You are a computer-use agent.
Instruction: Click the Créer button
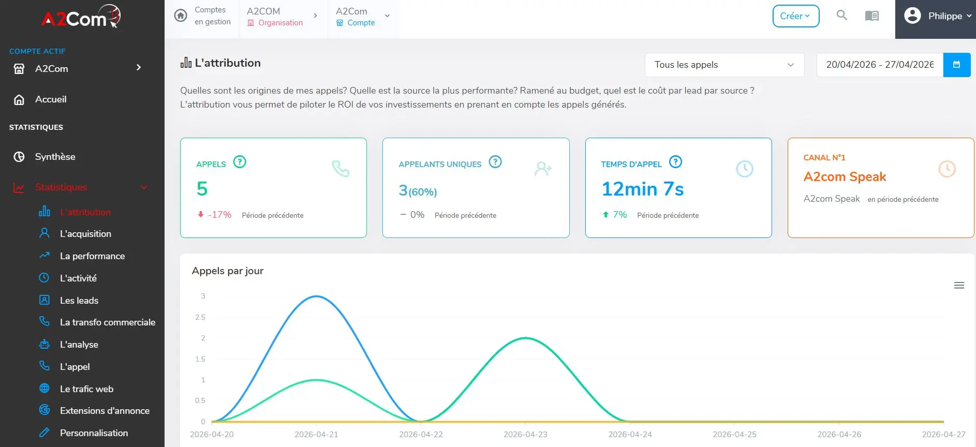coord(795,16)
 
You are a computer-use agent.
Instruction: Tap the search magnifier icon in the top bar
coord(842,16)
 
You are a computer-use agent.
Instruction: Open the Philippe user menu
coord(937,16)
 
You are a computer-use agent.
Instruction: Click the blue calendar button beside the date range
coord(956,65)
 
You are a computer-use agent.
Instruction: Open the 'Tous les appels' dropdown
coord(724,65)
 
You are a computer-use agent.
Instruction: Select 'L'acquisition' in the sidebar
coord(85,234)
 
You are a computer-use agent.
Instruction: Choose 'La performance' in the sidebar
coord(92,256)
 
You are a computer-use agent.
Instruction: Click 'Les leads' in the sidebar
coord(79,301)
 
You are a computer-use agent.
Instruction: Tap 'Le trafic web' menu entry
coord(86,389)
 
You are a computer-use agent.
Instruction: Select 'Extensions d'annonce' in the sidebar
coord(105,411)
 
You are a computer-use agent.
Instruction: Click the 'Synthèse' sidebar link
coord(55,157)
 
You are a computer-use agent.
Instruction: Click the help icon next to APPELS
coord(240,162)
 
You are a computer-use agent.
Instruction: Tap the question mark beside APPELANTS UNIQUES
coord(495,162)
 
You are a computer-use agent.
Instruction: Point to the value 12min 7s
coord(642,189)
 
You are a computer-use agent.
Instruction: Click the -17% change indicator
coord(214,215)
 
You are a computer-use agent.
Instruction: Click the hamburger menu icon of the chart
coord(959,286)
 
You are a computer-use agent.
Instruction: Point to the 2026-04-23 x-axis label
coord(525,435)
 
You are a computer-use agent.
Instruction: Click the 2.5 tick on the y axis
coord(200,317)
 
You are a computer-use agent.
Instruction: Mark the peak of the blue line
coord(317,296)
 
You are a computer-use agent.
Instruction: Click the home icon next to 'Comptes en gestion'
coord(181,16)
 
